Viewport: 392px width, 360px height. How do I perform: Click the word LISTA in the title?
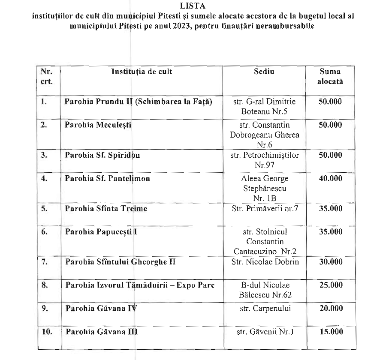196,6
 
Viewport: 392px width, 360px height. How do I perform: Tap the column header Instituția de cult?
142,72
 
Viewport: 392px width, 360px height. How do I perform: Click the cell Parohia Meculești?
99,125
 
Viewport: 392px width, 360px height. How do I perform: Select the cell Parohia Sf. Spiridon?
102,155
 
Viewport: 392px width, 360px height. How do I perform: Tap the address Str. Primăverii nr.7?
265,209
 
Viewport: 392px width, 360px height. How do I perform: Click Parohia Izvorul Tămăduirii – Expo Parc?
139,285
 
